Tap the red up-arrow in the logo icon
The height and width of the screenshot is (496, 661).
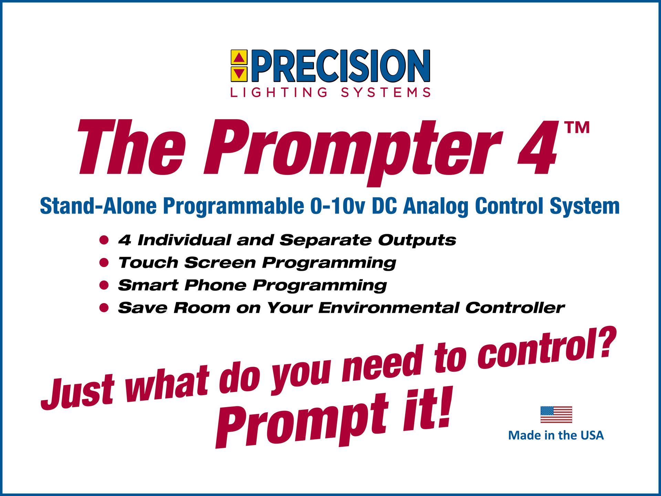click(x=239, y=58)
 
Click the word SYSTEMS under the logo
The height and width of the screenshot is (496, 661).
click(x=386, y=93)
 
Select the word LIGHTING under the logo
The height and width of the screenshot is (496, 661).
click(x=279, y=93)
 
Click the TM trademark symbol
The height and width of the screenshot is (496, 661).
click(x=577, y=127)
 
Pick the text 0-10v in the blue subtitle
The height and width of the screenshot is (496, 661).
click(x=337, y=206)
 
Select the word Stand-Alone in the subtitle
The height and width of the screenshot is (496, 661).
click(x=98, y=206)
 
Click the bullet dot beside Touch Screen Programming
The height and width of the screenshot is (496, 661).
click(x=104, y=263)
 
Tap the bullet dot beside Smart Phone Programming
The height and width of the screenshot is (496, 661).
click(x=104, y=285)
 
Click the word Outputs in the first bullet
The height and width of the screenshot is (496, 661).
click(x=417, y=240)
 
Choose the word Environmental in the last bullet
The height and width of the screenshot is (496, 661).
click(x=389, y=308)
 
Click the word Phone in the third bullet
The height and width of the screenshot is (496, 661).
click(x=214, y=285)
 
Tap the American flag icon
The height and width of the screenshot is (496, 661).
click(x=556, y=414)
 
